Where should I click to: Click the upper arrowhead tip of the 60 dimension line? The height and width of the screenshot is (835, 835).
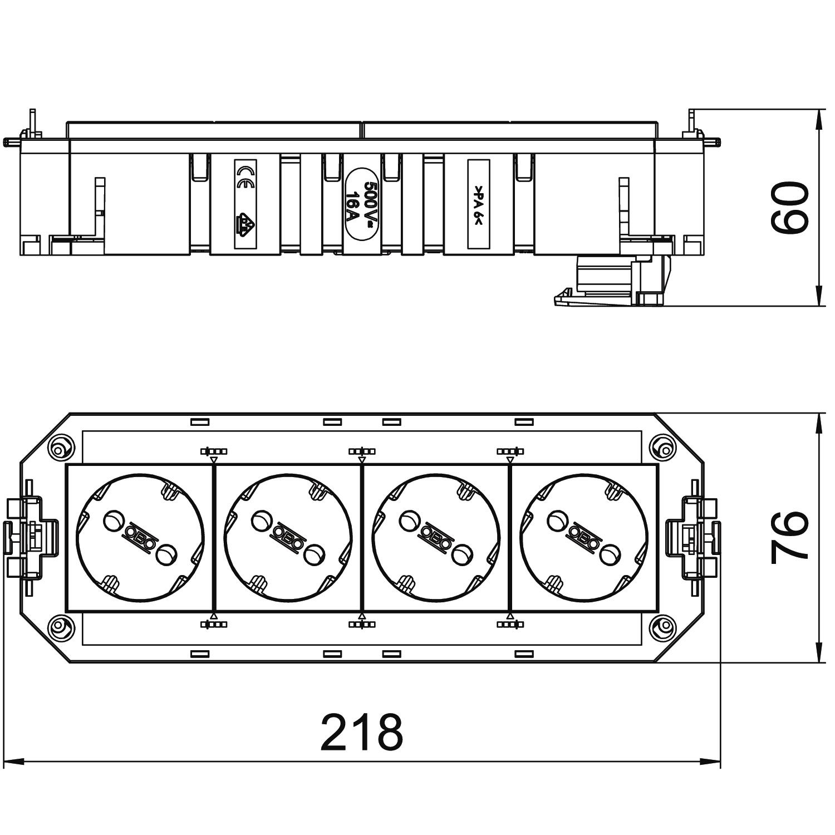(819, 110)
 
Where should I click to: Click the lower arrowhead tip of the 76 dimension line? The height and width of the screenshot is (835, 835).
(819, 662)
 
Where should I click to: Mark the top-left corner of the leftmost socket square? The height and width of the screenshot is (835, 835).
(67, 465)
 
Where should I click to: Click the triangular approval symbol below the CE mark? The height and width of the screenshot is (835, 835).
(244, 224)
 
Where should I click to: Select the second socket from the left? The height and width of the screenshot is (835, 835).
(288, 538)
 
